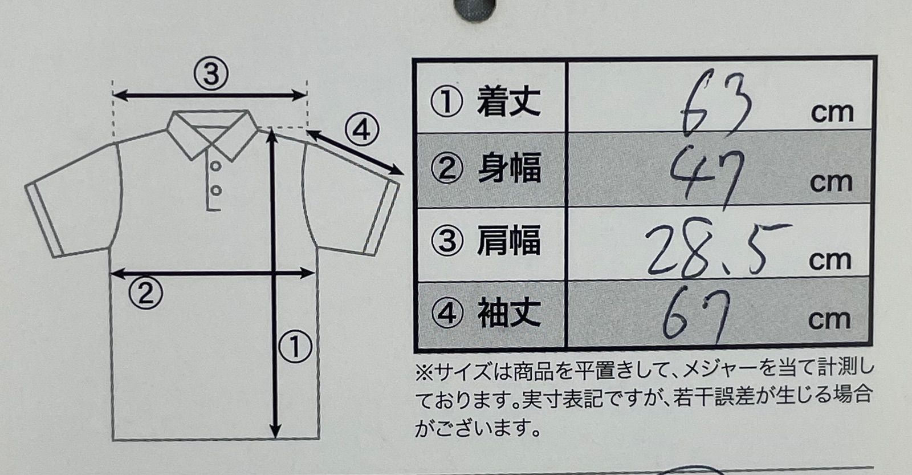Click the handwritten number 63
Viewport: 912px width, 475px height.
click(x=716, y=104)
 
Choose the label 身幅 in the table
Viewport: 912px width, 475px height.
click(x=510, y=168)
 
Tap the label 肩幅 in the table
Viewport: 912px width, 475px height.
click(x=509, y=241)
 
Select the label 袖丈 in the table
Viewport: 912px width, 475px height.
click(x=509, y=313)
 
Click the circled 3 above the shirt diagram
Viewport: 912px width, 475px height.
click(x=211, y=74)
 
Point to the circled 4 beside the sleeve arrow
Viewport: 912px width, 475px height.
click(x=362, y=131)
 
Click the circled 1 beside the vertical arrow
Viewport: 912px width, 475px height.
click(x=295, y=347)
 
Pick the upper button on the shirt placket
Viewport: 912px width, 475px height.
click(x=216, y=166)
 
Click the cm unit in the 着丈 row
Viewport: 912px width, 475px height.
click(x=832, y=113)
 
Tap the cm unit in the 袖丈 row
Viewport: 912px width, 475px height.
click(x=829, y=320)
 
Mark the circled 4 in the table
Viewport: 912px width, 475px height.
click(x=447, y=314)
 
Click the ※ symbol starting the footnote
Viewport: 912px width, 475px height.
click(x=424, y=372)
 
